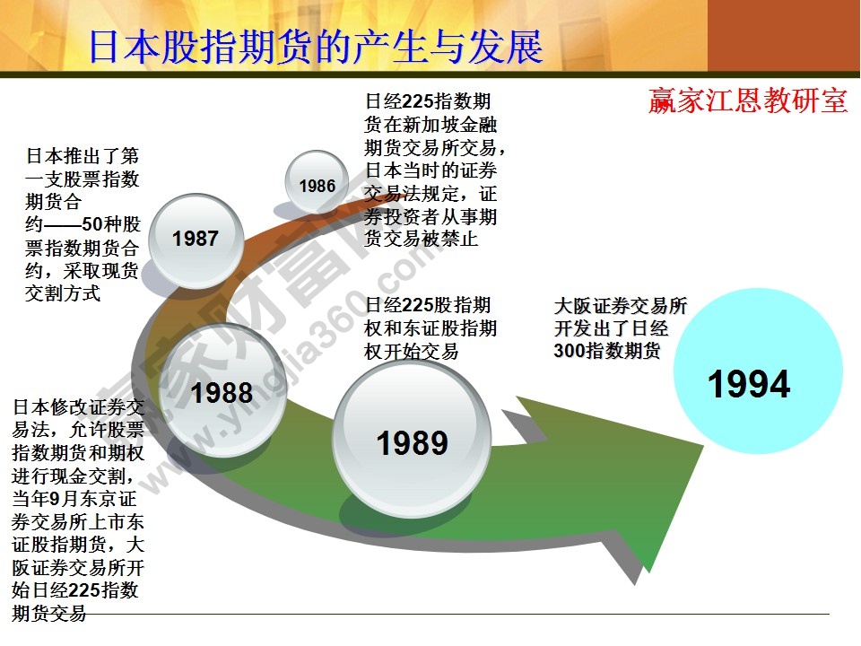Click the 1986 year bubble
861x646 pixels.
tap(317, 186)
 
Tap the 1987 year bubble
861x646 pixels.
tap(196, 238)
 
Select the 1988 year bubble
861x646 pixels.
tap(222, 392)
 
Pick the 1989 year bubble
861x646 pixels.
tap(412, 442)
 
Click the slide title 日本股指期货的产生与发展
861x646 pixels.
tap(316, 46)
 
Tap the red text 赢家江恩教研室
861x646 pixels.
tap(748, 100)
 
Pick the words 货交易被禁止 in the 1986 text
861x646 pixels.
tap(422, 239)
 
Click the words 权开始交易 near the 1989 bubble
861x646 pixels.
tap(411, 352)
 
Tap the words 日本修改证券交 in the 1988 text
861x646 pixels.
tap(77, 406)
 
